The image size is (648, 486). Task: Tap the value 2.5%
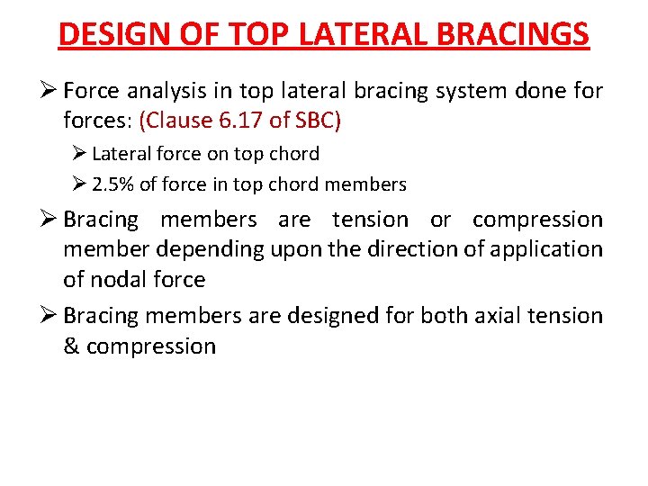click(x=114, y=185)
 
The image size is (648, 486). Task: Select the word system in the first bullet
click(x=449, y=91)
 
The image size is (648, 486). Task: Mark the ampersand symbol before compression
click(x=73, y=346)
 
